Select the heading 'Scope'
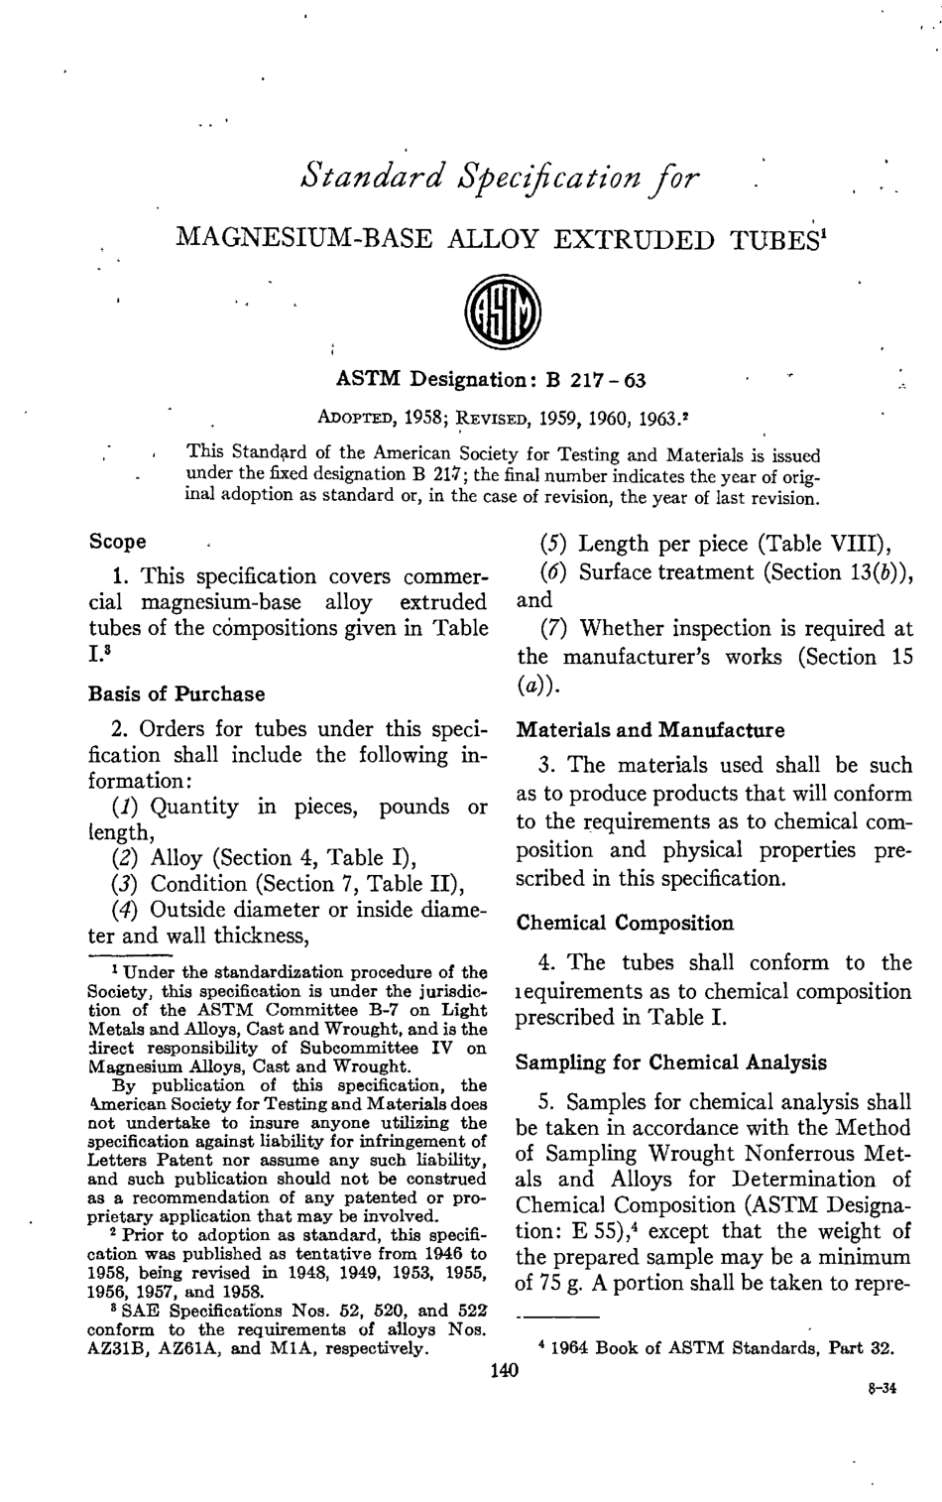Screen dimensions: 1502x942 point(117,542)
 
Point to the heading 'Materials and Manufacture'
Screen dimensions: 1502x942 point(649,731)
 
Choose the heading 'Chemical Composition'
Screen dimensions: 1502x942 point(625,923)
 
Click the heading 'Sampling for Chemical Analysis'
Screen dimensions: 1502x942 point(671,1063)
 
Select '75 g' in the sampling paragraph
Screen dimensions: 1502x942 point(570,1284)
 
